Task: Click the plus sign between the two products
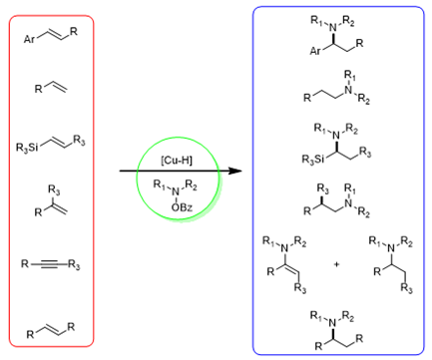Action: click(336, 264)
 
